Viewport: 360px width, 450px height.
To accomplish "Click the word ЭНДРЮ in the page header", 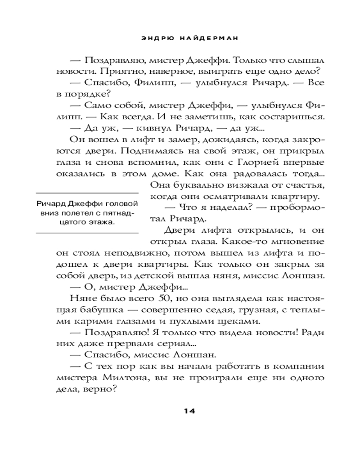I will pyautogui.click(x=153, y=39).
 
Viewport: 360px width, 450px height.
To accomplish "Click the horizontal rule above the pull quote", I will pyautogui.click(x=86, y=192).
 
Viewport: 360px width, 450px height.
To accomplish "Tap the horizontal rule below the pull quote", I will pyautogui.click(x=86, y=233).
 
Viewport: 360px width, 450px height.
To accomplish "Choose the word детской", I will pyautogui.click(x=194, y=275).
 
